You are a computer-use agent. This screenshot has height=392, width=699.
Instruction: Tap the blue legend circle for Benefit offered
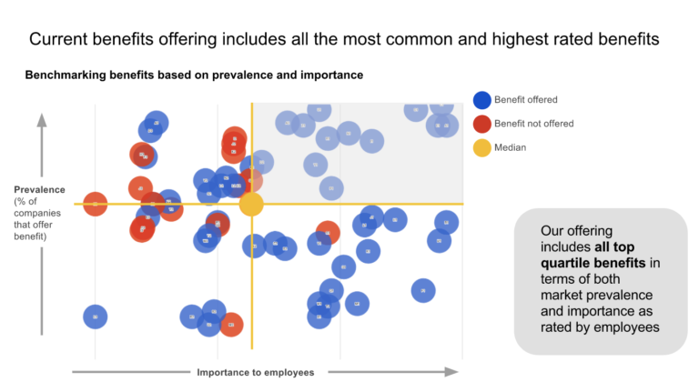point(481,100)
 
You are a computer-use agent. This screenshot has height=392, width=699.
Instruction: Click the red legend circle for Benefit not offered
point(481,124)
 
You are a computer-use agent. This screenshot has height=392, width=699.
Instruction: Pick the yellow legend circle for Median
point(481,147)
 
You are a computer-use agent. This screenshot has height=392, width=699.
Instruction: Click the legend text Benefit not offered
point(534,124)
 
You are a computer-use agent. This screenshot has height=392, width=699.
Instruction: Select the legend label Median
point(510,147)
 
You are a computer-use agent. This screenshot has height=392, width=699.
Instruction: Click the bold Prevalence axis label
point(39,189)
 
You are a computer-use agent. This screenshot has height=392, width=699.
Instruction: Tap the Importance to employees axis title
point(255,372)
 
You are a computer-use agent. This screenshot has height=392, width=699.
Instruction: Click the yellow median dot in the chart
point(251,204)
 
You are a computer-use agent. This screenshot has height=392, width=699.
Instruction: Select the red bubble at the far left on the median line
point(96,204)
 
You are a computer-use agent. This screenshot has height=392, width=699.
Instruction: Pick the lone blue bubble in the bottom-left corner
point(96,317)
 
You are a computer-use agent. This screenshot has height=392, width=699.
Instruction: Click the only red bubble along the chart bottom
point(231,324)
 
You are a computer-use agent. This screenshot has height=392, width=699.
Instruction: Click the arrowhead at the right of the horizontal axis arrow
point(452,371)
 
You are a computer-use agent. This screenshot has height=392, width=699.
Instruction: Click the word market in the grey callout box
point(562,296)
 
